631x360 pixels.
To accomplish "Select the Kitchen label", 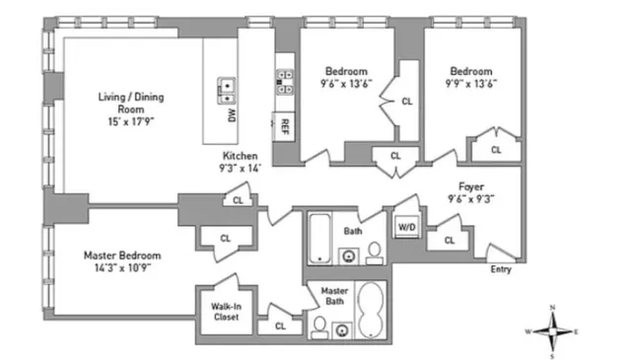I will click(240, 156).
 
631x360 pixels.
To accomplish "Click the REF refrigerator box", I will click(284, 126).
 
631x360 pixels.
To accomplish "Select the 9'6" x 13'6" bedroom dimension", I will click(345, 84).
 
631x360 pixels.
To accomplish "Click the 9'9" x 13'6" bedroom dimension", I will click(470, 84).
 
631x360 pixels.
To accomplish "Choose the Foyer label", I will click(470, 184).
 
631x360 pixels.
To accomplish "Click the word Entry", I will click(502, 269).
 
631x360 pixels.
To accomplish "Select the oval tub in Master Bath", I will click(372, 312).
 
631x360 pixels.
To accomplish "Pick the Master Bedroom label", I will click(121, 254).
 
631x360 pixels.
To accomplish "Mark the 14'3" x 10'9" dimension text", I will click(121, 268).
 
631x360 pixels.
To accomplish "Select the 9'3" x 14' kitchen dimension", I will click(240, 169).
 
